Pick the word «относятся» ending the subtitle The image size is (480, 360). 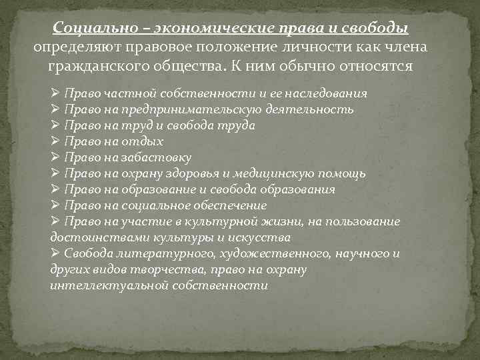click(x=376, y=67)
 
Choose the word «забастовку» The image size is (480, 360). click(x=159, y=157)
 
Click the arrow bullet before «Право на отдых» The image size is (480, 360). click(x=55, y=141)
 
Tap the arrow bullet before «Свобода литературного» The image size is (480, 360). click(x=55, y=253)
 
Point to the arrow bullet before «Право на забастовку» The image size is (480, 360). click(x=55, y=157)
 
